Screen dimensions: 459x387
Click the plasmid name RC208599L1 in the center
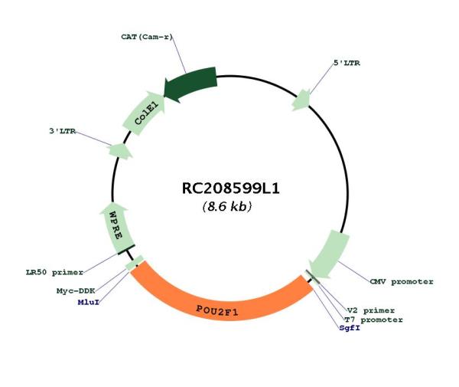(231, 189)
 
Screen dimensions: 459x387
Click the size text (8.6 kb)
(227, 207)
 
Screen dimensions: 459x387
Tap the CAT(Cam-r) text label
(147, 37)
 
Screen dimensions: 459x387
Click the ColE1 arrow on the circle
(144, 113)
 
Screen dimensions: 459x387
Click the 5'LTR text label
(347, 63)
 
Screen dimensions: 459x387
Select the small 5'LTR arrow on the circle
(301, 100)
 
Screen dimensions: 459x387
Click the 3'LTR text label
(63, 131)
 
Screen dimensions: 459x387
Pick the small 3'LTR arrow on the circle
(120, 151)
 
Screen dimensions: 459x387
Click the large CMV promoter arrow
(329, 254)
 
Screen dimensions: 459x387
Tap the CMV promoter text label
(402, 282)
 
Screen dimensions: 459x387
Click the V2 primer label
(371, 310)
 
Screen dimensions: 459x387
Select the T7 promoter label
(373, 320)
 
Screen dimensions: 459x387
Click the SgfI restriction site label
(350, 328)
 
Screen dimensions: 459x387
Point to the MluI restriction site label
(89, 302)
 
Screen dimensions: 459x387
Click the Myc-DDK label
(76, 291)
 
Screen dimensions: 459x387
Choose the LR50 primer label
(55, 272)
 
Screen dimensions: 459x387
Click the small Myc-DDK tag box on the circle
(134, 263)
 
